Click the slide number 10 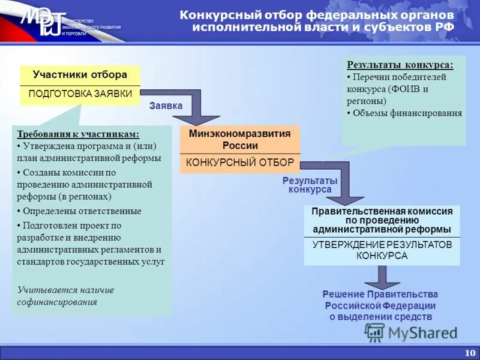(469, 352)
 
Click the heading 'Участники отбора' (80, 75)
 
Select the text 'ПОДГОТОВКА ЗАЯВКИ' (80, 95)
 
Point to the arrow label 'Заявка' (166, 106)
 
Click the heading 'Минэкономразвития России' (240, 139)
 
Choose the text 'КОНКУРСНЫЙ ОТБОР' (240, 162)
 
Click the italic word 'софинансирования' (57, 302)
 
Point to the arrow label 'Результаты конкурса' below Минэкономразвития (310, 185)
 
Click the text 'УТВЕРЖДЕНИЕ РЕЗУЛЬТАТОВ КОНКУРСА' (382, 250)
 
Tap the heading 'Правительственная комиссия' (382, 211)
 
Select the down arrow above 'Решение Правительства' (380, 277)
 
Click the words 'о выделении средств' (380, 316)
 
